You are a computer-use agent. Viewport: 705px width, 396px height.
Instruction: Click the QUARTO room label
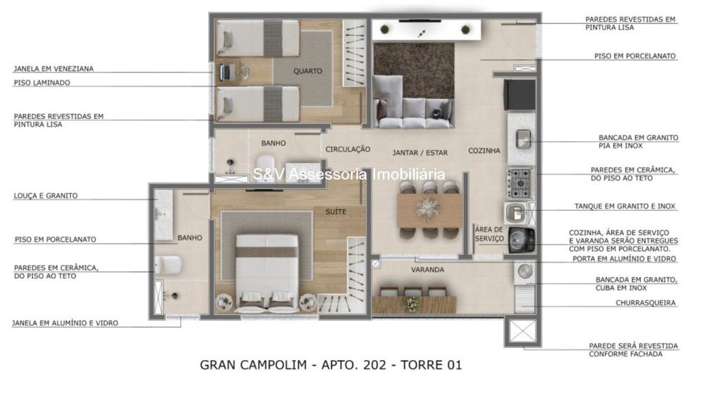(307, 71)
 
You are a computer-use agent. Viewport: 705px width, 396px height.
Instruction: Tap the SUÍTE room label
(336, 211)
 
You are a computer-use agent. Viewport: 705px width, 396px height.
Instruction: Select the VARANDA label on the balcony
(428, 270)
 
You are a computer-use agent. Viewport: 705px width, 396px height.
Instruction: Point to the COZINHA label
(484, 151)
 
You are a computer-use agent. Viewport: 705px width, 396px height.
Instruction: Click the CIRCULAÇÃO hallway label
(348, 149)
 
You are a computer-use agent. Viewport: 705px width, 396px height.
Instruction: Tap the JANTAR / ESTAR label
(420, 153)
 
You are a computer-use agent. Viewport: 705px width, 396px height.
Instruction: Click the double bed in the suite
(267, 273)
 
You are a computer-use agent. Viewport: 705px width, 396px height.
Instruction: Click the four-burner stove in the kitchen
(520, 183)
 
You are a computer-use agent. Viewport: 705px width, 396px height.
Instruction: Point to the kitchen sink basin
(523, 139)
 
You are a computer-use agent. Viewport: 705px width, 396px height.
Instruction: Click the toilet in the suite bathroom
(168, 265)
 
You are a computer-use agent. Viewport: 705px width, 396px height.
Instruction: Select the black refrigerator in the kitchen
(520, 95)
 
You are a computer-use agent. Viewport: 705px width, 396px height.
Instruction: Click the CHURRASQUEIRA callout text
(646, 303)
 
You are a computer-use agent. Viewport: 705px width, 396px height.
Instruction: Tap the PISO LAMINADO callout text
(42, 82)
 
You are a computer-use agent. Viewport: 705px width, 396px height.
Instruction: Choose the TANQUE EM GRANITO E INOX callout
(625, 206)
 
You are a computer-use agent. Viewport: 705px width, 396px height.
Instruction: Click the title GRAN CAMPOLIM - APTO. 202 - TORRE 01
(331, 364)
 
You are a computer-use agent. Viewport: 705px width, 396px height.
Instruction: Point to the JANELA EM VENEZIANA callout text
(54, 69)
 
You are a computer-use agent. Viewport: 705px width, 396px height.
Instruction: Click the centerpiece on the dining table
(427, 209)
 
